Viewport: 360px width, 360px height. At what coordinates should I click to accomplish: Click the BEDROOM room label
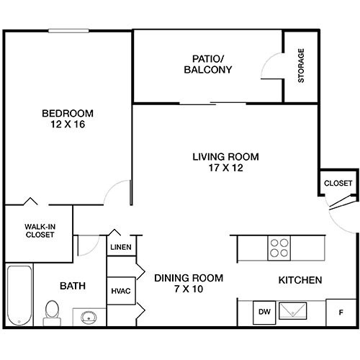[x=67, y=114]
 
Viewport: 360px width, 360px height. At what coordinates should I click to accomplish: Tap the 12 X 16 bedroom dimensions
[x=67, y=125]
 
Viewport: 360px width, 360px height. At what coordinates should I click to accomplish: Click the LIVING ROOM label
[x=225, y=157]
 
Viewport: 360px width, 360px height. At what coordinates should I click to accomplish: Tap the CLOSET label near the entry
[x=338, y=184]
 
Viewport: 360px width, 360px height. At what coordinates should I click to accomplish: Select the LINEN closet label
[x=120, y=248]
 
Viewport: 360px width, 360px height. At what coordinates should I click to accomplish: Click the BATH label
[x=73, y=286]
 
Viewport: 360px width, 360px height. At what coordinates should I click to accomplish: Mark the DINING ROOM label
[x=189, y=278]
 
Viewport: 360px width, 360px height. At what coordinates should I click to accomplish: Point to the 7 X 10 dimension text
[x=189, y=290]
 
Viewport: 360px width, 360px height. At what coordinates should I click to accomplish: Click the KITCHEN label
[x=300, y=279]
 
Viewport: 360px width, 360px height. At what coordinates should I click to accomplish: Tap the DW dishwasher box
[x=264, y=312]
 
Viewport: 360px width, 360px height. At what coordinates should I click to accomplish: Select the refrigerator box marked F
[x=341, y=312]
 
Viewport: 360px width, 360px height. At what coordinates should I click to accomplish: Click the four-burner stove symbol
[x=279, y=248]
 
